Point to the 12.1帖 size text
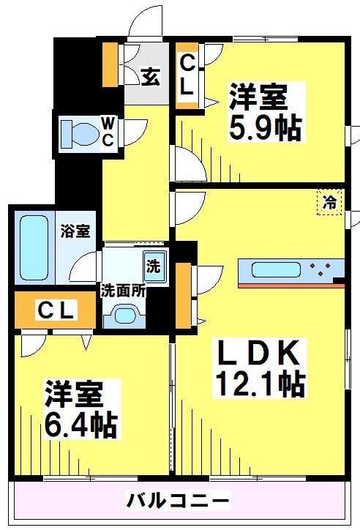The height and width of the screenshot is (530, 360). coord(260,383)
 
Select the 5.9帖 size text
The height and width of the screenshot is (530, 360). coord(265,128)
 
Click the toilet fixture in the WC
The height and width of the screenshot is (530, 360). coord(78,133)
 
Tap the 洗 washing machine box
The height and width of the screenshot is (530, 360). coord(155,265)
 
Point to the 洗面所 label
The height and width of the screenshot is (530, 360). coord(123,289)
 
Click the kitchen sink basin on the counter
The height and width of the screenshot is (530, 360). coord(275,269)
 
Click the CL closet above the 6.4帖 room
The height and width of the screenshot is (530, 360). coord(56,310)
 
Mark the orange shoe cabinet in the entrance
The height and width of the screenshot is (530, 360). coord(110,64)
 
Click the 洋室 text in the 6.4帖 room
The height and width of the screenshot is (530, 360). coord(72,393)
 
